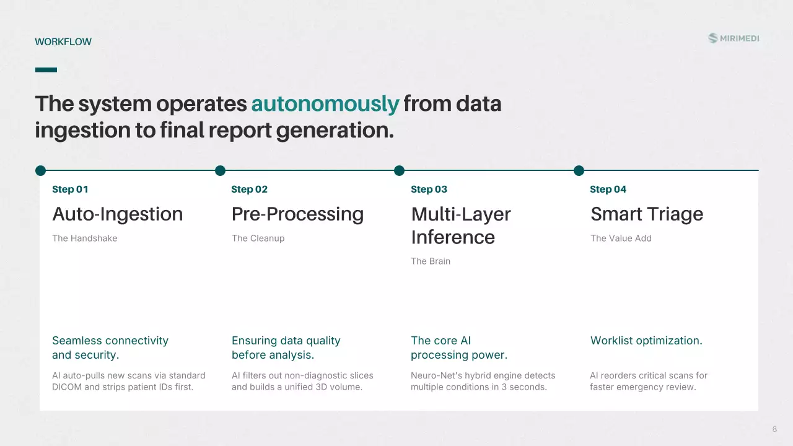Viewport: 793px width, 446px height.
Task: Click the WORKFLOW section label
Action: point(63,42)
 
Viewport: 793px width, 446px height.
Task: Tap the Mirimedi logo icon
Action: point(712,38)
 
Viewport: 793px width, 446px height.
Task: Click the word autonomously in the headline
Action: point(325,103)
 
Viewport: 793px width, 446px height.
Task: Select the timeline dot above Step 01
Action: point(41,170)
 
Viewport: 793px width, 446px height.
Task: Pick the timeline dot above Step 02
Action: point(220,170)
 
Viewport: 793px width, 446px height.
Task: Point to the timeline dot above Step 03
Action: point(400,170)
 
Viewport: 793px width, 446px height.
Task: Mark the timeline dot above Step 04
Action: point(579,170)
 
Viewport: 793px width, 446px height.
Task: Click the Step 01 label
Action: point(70,190)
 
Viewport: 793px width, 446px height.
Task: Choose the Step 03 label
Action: point(429,190)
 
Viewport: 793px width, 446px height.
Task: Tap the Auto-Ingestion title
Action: point(118,214)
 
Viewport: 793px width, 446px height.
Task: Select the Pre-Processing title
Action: point(298,214)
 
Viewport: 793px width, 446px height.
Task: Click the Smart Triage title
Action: point(647,214)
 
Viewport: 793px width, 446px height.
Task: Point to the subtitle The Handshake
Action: point(85,238)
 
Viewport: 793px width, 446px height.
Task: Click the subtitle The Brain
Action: point(431,261)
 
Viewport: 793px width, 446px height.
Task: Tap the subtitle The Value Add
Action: point(621,238)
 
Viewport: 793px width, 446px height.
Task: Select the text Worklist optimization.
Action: point(646,341)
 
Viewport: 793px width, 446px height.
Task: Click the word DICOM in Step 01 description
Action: point(67,387)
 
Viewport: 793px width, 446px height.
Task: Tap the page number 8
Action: point(774,429)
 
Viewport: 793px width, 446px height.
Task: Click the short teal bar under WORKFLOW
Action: point(46,70)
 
